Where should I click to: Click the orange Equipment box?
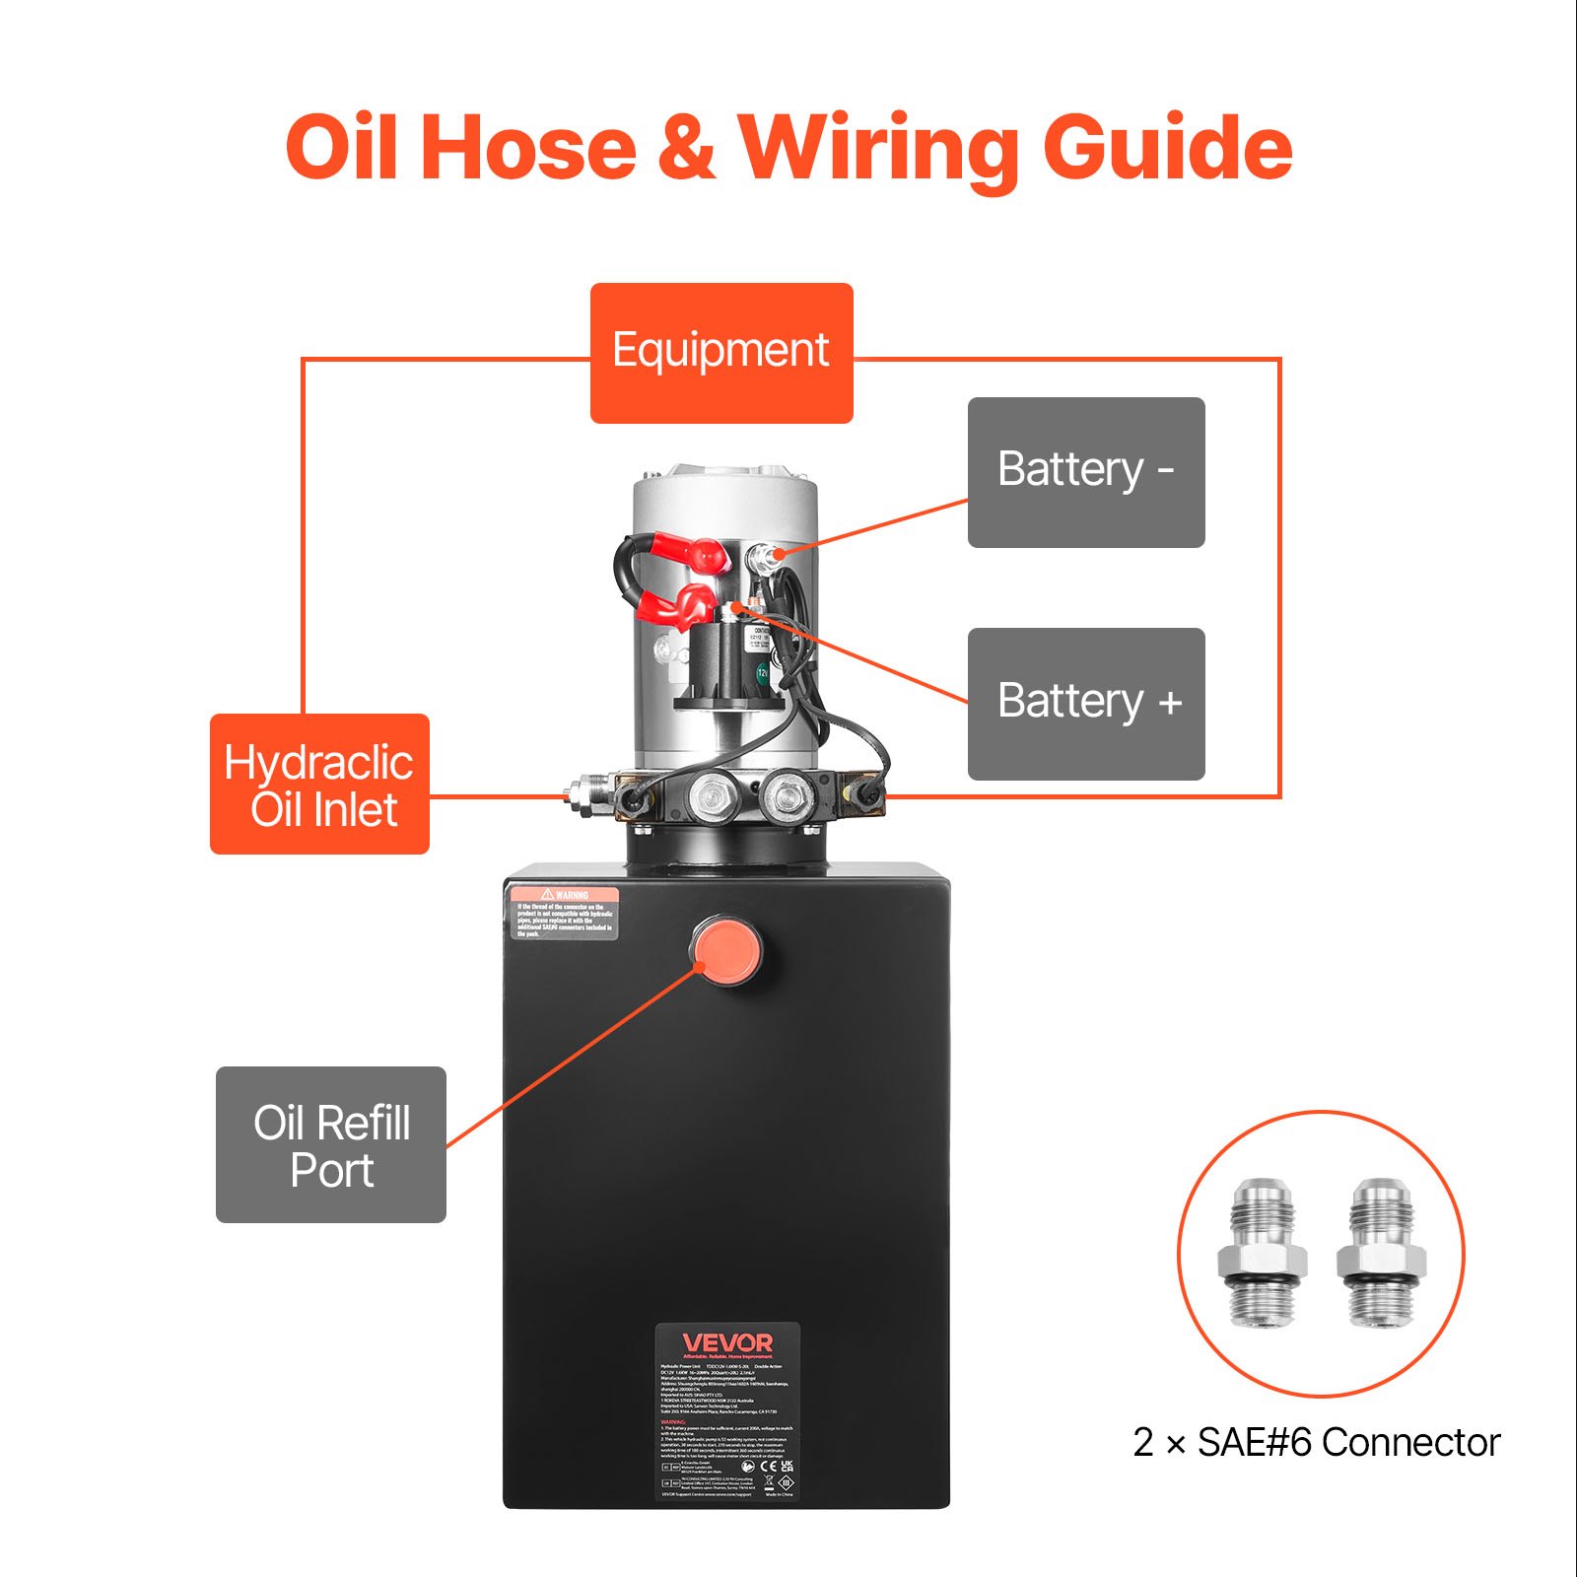(x=720, y=353)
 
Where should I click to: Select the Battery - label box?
(x=1085, y=472)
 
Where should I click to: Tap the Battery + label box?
(x=1085, y=704)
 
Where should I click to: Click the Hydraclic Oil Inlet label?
(x=319, y=785)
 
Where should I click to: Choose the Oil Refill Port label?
(x=331, y=1145)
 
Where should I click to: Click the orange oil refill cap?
(x=725, y=949)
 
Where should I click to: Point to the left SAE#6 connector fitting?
(x=1262, y=1254)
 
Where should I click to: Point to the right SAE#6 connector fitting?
(x=1381, y=1254)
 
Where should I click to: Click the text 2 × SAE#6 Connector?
(x=1316, y=1443)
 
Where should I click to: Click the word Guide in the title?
(x=1167, y=148)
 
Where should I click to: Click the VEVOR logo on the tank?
(x=727, y=1343)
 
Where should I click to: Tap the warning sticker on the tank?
(x=564, y=913)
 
